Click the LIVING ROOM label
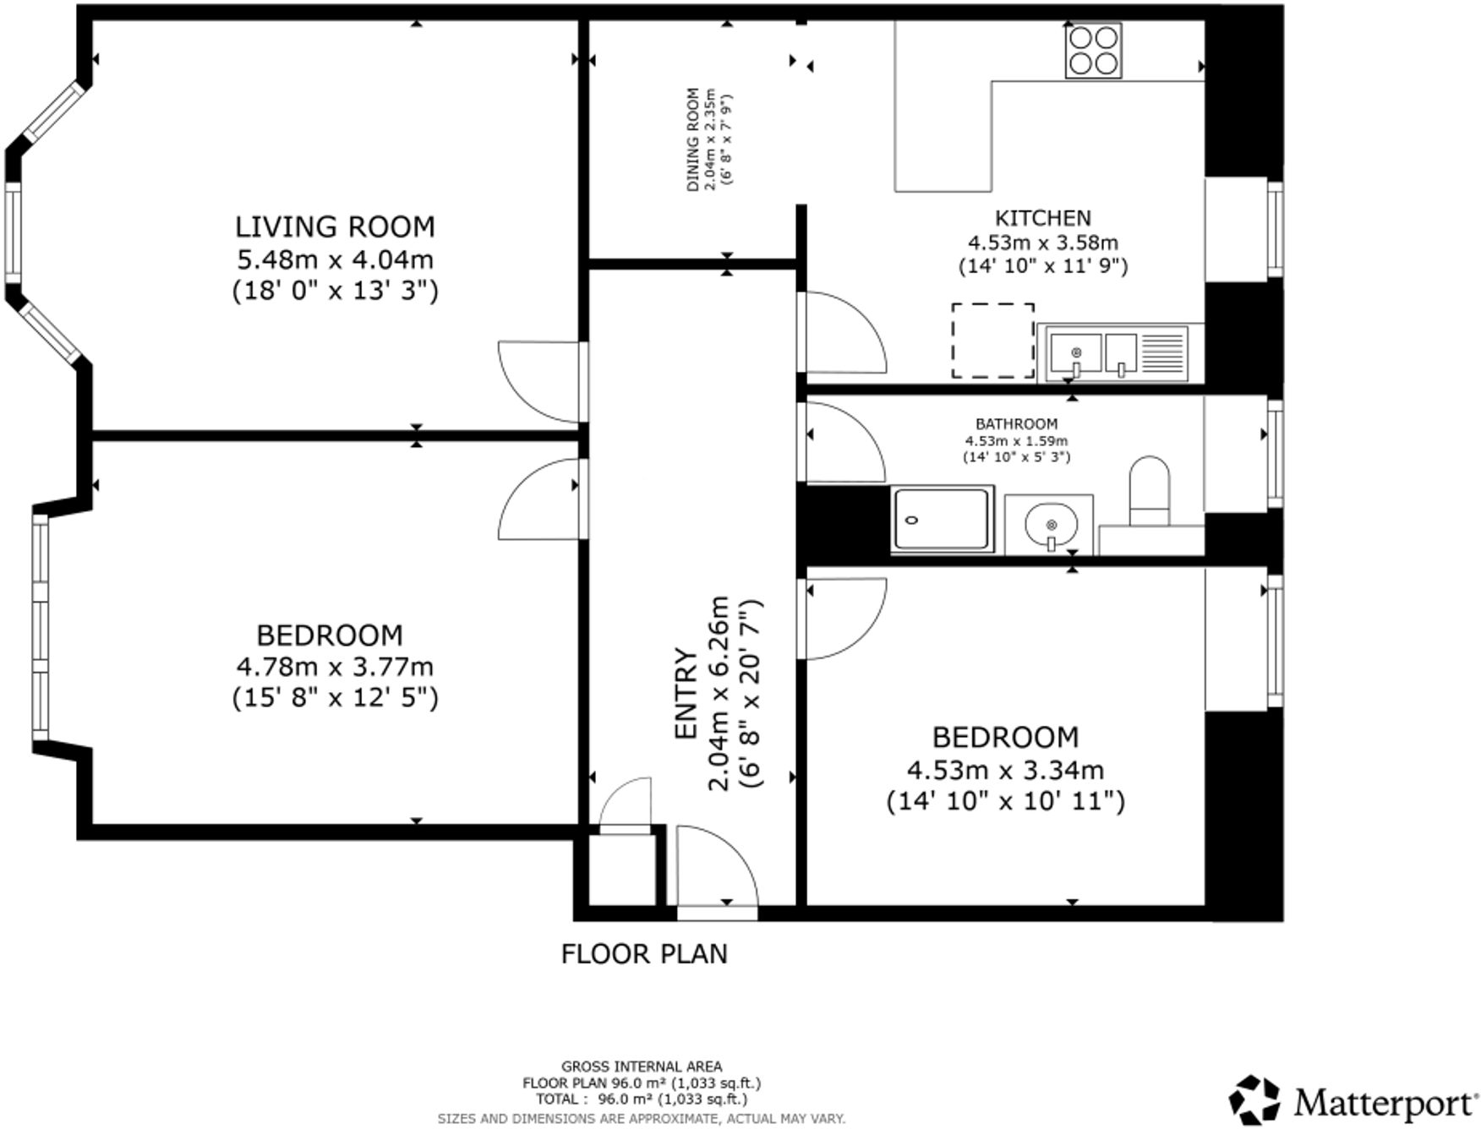coord(335,226)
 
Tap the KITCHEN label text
coord(1042,218)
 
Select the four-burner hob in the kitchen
coord(1094,51)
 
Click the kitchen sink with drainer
coord(1118,353)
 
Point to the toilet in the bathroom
coord(1149,491)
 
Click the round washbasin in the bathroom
coord(1050,524)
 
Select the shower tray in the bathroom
coord(943,519)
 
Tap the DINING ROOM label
coord(693,139)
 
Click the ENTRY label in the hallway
coord(685,694)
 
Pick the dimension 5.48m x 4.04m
coord(335,259)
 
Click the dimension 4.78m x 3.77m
coord(335,667)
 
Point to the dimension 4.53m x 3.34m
coord(1005,770)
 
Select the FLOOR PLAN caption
coord(644,954)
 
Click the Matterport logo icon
coord(1254,1099)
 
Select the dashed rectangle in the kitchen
coord(992,341)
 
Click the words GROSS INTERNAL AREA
coord(642,1066)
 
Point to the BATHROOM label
coord(1016,424)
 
